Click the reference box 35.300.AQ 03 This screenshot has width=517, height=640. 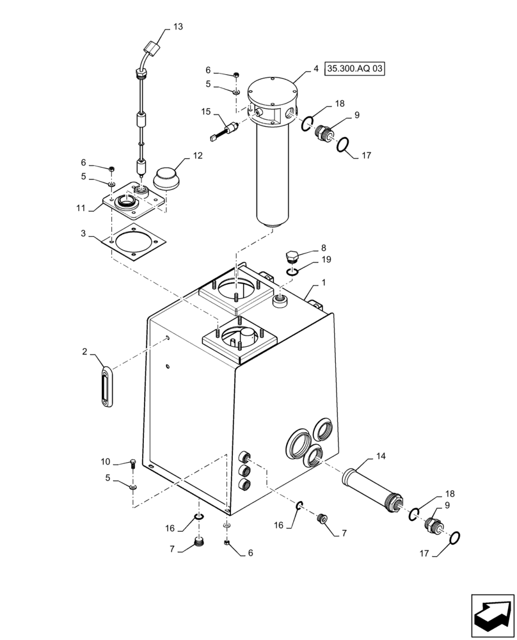356,68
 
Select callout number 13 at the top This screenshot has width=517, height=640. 177,26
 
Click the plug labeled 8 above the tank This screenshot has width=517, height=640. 292,258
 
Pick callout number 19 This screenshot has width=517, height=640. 326,260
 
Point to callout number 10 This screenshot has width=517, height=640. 106,461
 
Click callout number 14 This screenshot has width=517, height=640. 381,456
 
